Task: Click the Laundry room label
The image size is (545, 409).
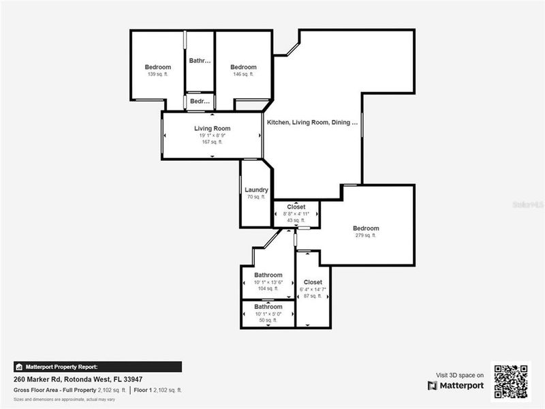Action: click(x=256, y=190)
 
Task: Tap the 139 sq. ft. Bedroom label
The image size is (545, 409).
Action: click(x=158, y=67)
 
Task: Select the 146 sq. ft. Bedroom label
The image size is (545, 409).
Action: click(x=243, y=67)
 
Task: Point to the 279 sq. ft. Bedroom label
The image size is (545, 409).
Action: click(x=366, y=228)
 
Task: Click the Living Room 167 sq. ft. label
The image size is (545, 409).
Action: click(x=212, y=128)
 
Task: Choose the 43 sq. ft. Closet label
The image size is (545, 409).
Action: click(x=296, y=207)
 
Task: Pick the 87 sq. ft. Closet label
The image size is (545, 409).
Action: click(x=313, y=282)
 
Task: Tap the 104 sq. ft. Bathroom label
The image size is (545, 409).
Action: click(x=268, y=275)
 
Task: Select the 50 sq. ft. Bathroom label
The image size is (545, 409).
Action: click(x=268, y=307)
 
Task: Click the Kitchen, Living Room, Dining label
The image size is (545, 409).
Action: click(x=312, y=123)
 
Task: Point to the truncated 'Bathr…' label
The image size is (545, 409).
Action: click(x=200, y=61)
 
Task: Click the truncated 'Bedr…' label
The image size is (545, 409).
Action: click(x=200, y=102)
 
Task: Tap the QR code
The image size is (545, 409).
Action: click(x=511, y=381)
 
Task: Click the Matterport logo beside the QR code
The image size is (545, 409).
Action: click(x=456, y=386)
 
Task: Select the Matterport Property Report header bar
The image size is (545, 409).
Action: click(x=98, y=367)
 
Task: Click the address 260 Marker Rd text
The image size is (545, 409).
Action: click(x=78, y=379)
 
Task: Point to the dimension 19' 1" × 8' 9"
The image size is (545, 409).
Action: click(x=212, y=135)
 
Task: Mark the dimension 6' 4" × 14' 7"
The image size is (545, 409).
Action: click(x=313, y=290)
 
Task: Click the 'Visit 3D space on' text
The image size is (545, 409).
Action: click(x=460, y=375)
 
